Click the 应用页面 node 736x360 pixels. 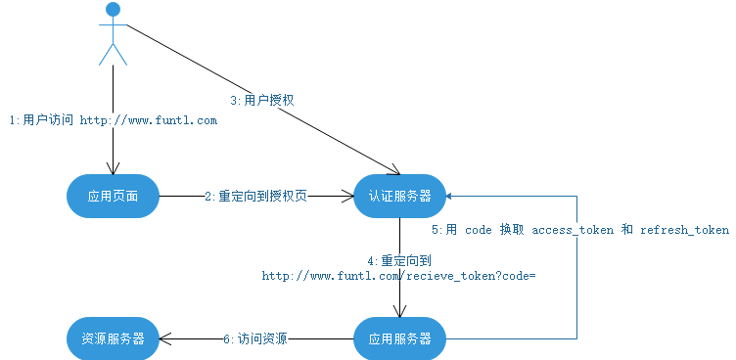[x=113, y=197]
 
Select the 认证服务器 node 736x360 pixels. [x=399, y=196]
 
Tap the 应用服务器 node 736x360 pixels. [x=399, y=339]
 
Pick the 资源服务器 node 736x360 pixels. [x=113, y=339]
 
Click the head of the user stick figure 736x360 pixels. [x=114, y=11]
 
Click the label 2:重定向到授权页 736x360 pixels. [x=256, y=197]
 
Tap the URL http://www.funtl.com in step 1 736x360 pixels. [x=148, y=120]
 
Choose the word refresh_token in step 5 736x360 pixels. [x=684, y=230]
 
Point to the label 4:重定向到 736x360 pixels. [x=399, y=261]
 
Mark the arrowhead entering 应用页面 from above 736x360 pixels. [x=114, y=168]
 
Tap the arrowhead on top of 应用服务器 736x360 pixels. [x=399, y=311]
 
